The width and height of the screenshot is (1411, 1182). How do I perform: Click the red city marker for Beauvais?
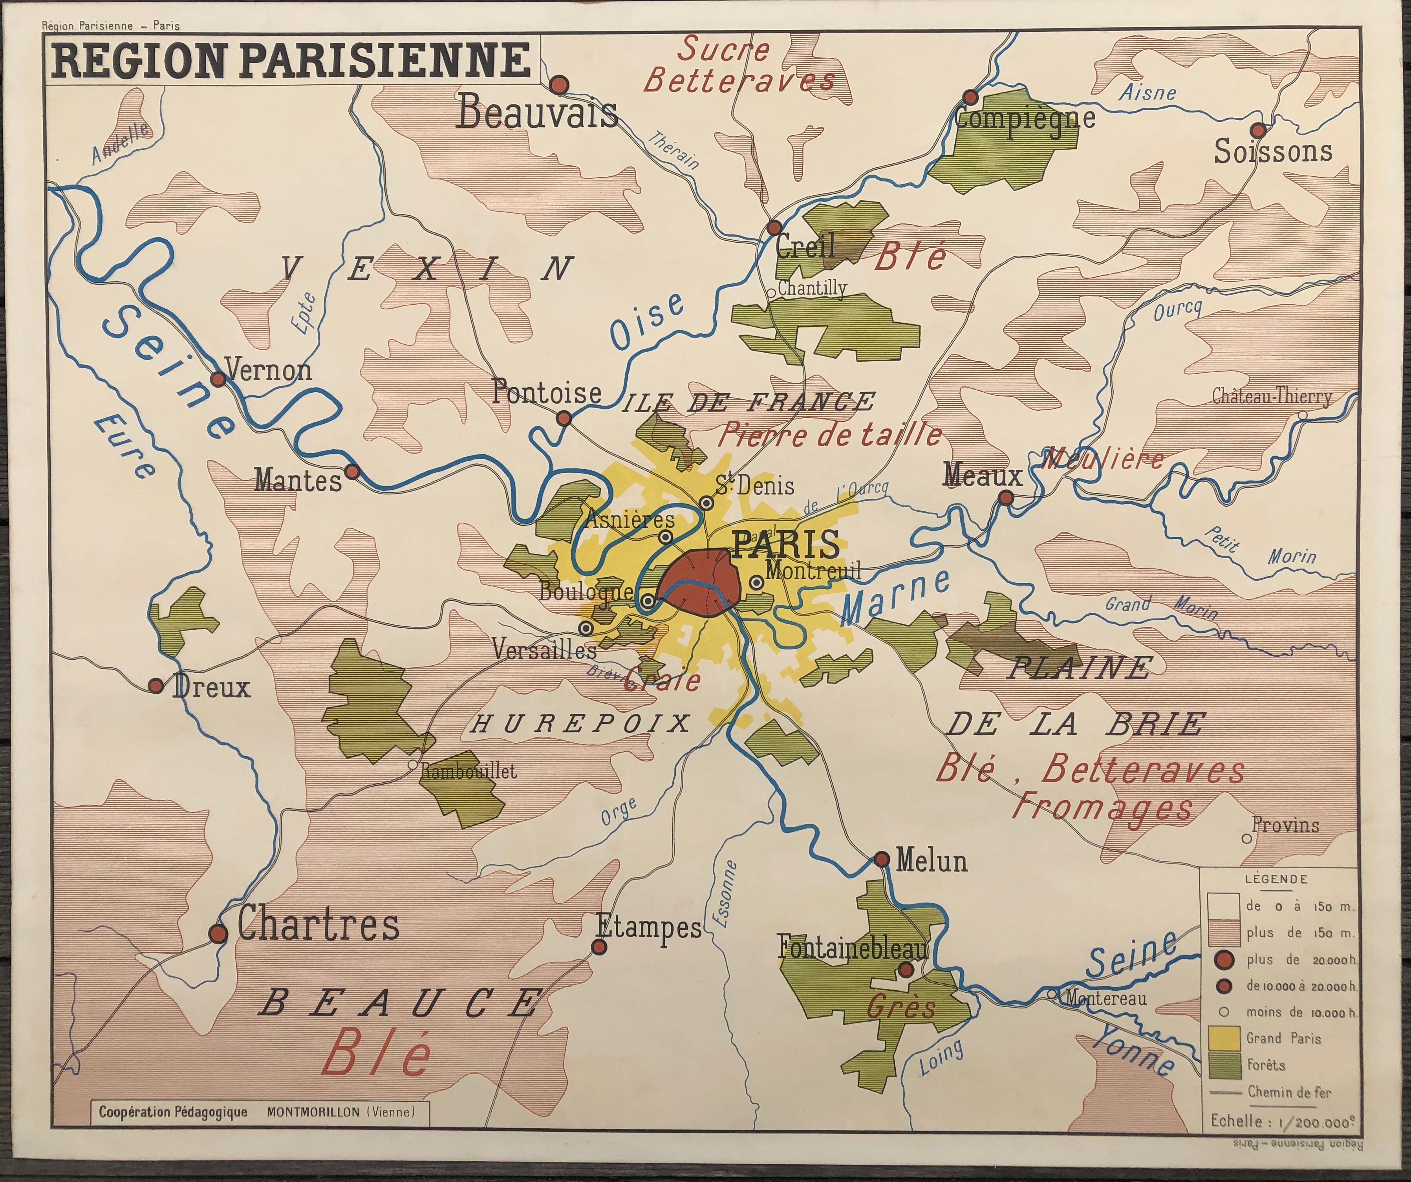559,85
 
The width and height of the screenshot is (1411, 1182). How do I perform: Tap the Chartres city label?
318,925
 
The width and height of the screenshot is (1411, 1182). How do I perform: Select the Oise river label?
647,322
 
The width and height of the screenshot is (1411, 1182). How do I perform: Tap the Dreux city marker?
156,686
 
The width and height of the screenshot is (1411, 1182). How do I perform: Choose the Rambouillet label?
469,771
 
